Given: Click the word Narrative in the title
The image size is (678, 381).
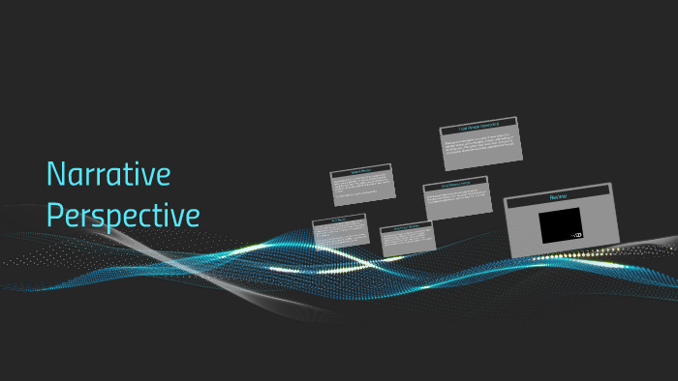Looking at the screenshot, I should tap(108, 175).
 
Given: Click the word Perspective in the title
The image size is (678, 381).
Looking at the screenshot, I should tap(123, 215).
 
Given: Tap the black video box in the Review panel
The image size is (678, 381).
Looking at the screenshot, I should tap(560, 224).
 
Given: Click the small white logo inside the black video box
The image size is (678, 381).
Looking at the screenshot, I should tap(577, 235).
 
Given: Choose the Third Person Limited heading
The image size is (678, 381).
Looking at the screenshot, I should tap(455, 185).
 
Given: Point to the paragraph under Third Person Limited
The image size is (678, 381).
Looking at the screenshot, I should tap(455, 199).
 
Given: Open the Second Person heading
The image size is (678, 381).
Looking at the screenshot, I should tap(361, 171).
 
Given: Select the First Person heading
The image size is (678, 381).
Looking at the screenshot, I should tap(339, 220).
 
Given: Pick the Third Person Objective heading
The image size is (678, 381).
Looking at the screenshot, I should tap(407, 228).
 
